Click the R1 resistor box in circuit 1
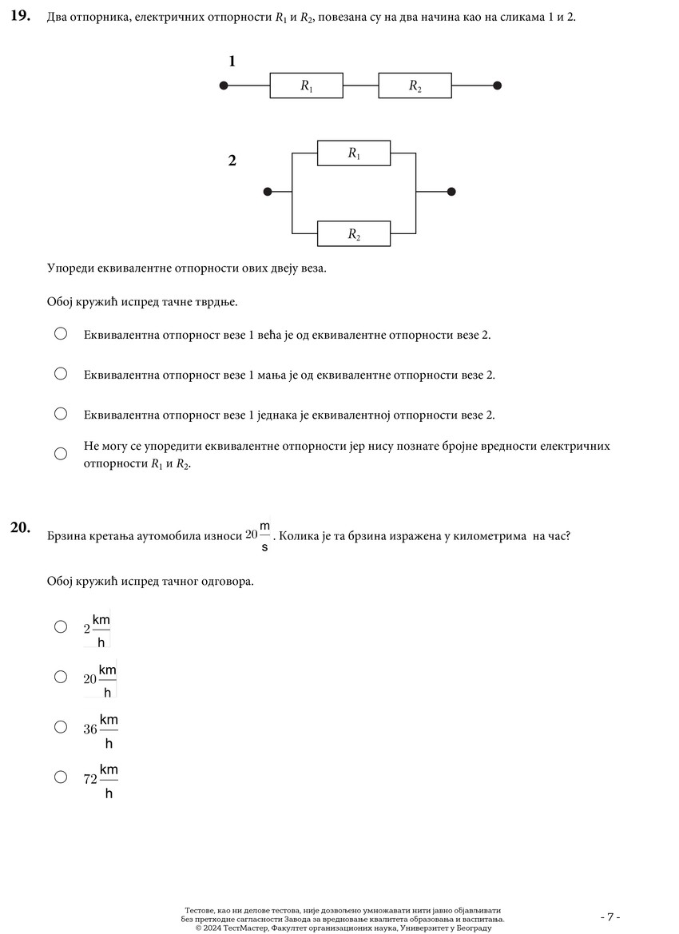(307, 86)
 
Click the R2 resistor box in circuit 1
(415, 86)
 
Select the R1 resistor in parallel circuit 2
(354, 153)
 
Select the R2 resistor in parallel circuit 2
(354, 234)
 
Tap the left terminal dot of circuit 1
(224, 86)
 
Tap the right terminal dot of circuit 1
(498, 86)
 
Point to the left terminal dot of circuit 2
(268, 192)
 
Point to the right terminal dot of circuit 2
(451, 192)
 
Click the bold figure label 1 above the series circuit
(232, 62)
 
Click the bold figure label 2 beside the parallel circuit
(232, 161)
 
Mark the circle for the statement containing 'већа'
(61, 333)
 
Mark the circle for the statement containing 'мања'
(61, 373)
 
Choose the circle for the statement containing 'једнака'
(61, 413)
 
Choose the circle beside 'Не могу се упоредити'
(61, 454)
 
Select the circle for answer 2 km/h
(61, 626)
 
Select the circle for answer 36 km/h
(61, 726)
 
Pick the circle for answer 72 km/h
(61, 776)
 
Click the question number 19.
(20, 17)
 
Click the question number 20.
(20, 527)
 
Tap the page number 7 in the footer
(610, 916)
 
